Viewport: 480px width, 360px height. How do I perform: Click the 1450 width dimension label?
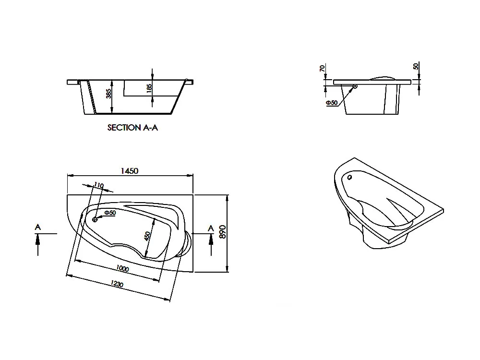point(130,171)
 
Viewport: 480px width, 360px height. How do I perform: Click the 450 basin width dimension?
point(148,236)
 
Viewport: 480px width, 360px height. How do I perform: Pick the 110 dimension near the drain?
point(99,185)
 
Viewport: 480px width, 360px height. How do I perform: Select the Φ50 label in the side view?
point(331,103)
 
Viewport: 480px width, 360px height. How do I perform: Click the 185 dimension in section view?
point(149,87)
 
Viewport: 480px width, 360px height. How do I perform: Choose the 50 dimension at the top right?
point(416,67)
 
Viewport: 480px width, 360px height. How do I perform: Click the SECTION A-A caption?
point(132,128)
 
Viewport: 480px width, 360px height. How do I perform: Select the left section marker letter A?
point(37,227)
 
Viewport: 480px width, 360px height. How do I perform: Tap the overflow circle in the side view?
point(355,86)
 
